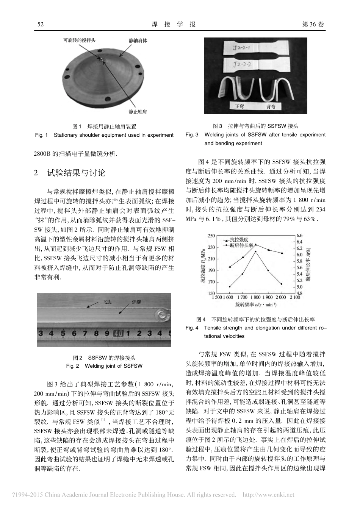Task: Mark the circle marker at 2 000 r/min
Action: [282, 284]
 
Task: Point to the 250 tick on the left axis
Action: [211, 236]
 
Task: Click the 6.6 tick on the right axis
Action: [299, 236]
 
